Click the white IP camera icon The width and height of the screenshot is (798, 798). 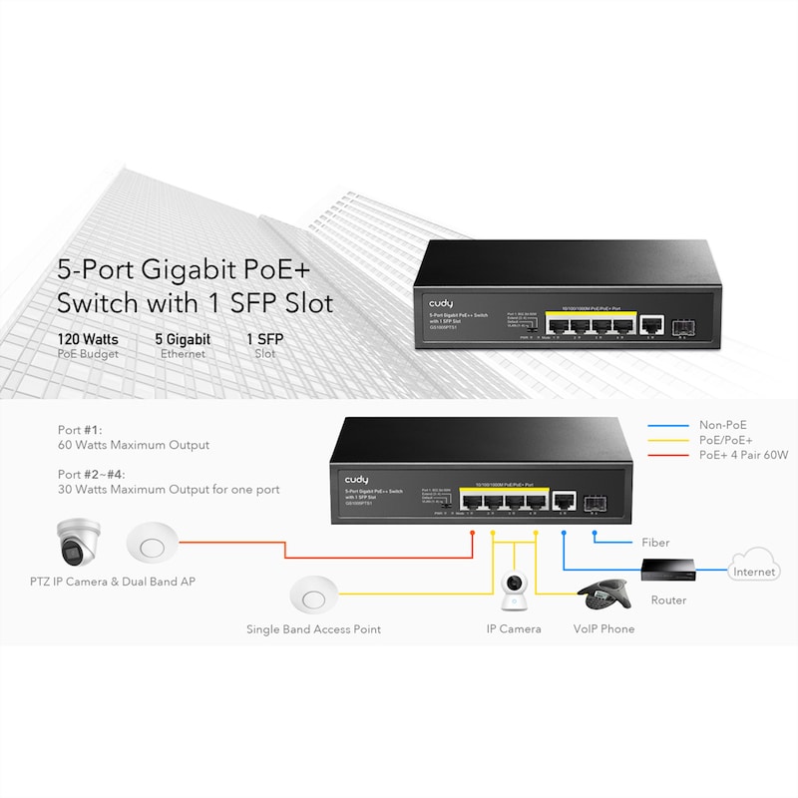tap(514, 592)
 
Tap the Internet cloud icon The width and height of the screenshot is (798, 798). tap(753, 565)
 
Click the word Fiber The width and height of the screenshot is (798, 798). tap(655, 543)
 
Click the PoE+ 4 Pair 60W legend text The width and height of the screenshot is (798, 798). tap(743, 455)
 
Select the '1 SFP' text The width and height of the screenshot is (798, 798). tap(264, 339)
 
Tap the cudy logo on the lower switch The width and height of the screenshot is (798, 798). tap(356, 480)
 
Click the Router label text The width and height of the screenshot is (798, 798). tap(668, 600)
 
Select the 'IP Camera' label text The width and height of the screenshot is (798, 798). tap(514, 628)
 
